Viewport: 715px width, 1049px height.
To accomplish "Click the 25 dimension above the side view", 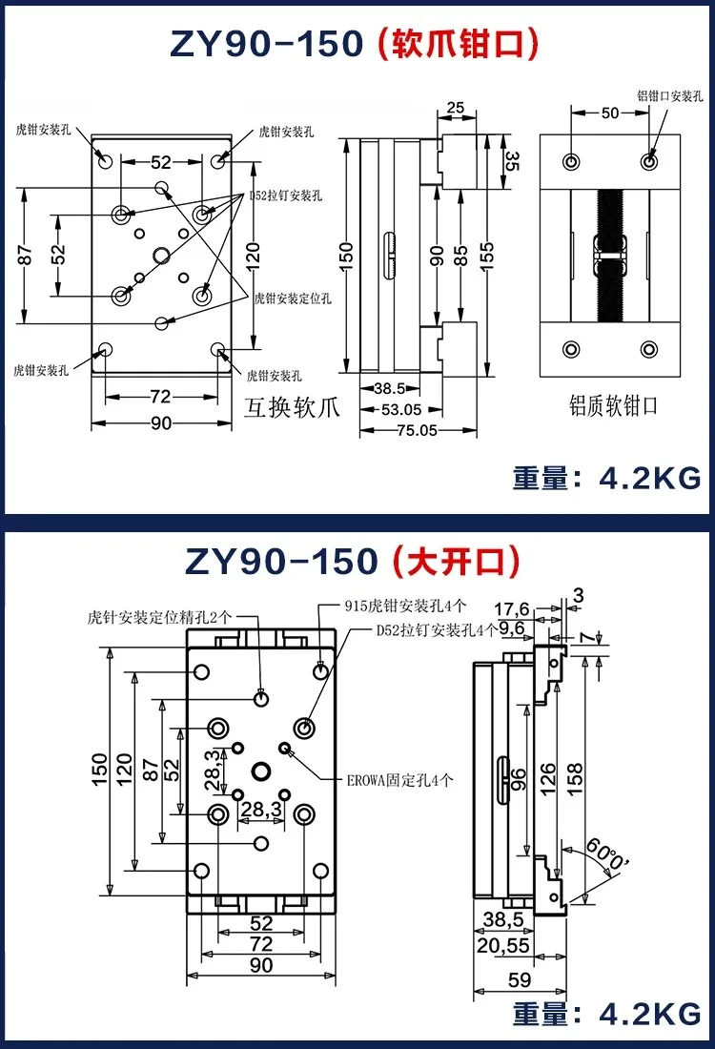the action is click(x=456, y=108).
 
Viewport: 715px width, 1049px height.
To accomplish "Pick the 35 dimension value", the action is click(x=511, y=160).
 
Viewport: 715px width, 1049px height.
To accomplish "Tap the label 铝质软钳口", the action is click(x=610, y=405).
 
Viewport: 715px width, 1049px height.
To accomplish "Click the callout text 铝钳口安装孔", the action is click(x=669, y=95).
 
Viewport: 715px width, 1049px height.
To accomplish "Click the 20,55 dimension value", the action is click(x=503, y=945).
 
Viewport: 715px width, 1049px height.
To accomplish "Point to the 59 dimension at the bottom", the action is click(x=518, y=980).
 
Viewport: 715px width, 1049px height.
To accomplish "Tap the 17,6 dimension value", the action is click(x=512, y=608).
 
